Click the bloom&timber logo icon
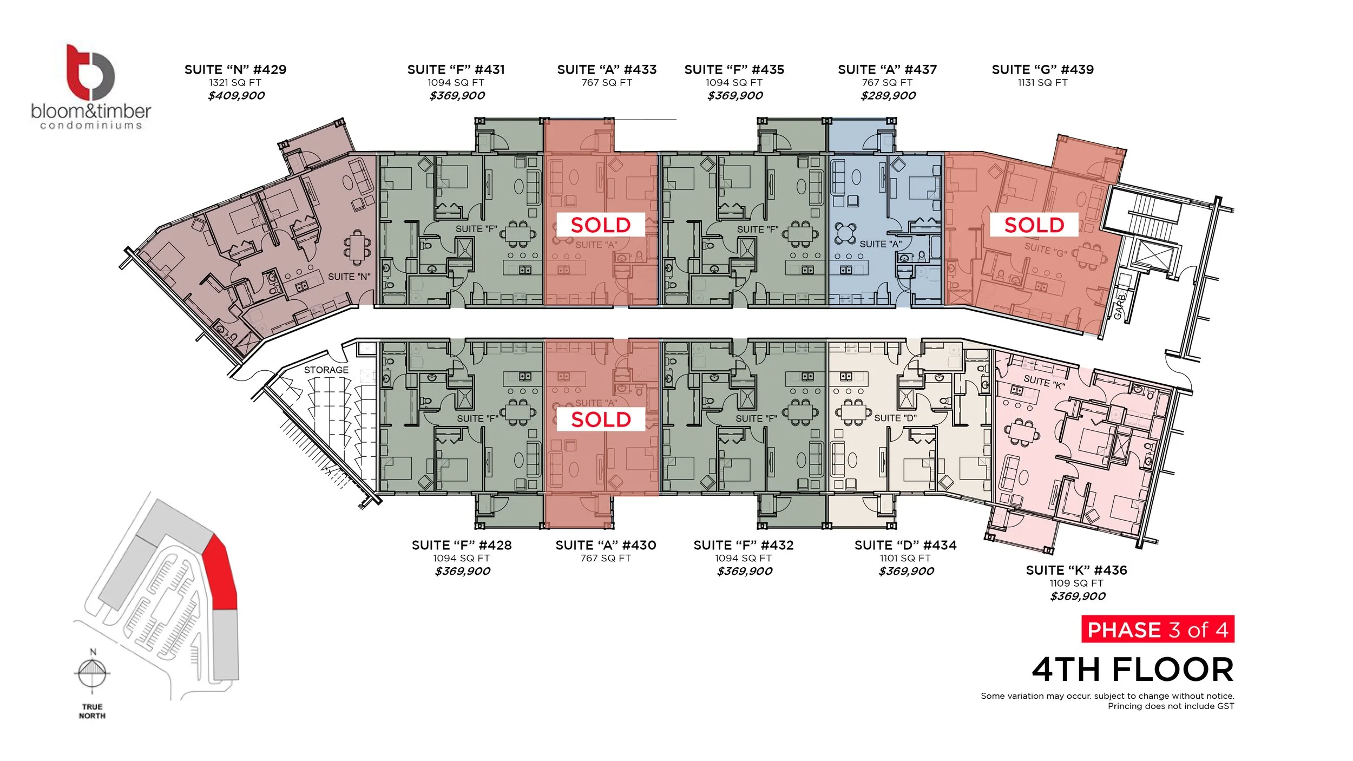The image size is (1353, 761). [x=90, y=72]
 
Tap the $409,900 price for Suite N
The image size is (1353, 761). [x=236, y=96]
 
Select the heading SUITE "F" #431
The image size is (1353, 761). [x=456, y=70]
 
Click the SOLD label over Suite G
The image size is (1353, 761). [x=1034, y=225]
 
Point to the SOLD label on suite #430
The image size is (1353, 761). [x=601, y=419]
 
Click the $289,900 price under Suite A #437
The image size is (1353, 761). [x=888, y=96]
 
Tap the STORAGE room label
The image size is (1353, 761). [x=326, y=370]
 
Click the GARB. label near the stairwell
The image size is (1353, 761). [x=1120, y=306]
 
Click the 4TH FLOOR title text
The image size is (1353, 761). [x=1132, y=670]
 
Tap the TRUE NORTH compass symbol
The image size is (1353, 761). [x=91, y=673]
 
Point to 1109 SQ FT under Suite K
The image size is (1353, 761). [x=1076, y=583]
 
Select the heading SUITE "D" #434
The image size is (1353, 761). [x=905, y=545]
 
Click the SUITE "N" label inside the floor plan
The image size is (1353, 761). [x=349, y=277]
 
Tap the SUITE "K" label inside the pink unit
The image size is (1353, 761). [x=1044, y=382]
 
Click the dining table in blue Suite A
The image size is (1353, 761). [x=845, y=233]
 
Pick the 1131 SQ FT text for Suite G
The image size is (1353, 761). [x=1042, y=83]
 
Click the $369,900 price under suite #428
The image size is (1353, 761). [x=462, y=571]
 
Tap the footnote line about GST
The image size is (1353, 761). [x=1171, y=706]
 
